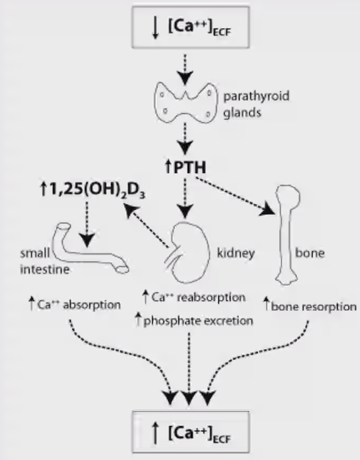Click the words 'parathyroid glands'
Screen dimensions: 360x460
(x=256, y=105)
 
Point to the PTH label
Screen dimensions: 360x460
(x=186, y=167)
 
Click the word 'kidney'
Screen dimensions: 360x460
(x=235, y=253)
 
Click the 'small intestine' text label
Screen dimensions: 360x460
(x=45, y=261)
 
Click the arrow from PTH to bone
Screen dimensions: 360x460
(x=235, y=195)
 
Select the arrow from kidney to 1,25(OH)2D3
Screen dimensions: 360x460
(x=147, y=227)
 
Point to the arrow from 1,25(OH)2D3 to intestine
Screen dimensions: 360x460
(x=87, y=225)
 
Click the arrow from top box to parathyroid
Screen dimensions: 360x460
(x=185, y=69)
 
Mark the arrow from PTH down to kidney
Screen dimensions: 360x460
(x=185, y=198)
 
